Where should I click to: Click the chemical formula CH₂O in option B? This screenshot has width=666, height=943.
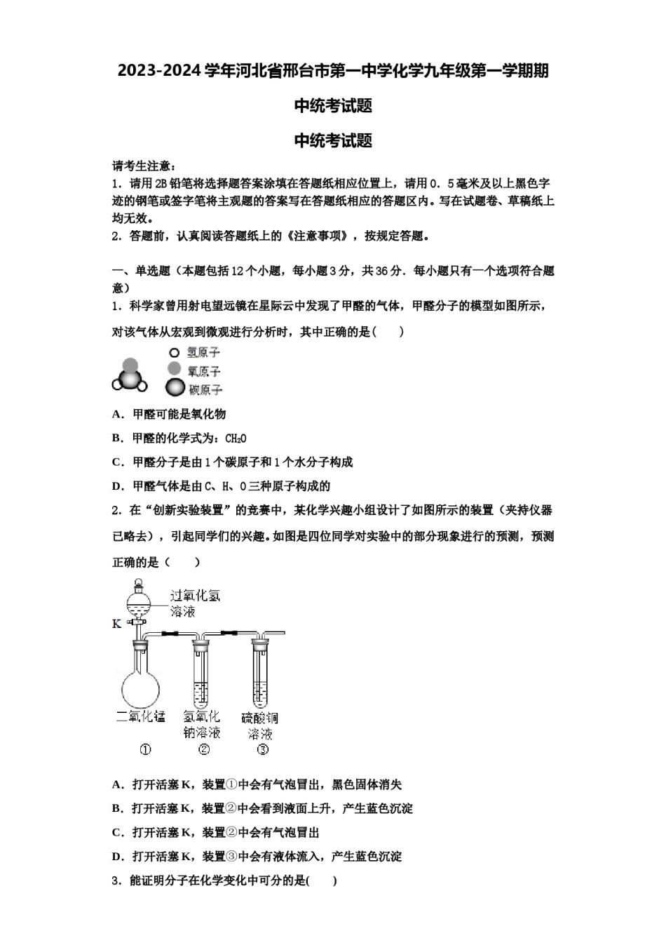[x=236, y=439]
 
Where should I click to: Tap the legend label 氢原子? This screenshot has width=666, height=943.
[x=203, y=352]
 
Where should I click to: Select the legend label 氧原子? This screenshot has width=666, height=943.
[x=203, y=370]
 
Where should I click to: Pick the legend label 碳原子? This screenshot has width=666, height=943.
[x=205, y=389]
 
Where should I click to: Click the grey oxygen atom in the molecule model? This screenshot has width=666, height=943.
[x=130, y=366]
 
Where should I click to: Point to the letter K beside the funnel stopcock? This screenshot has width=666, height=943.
[x=116, y=624]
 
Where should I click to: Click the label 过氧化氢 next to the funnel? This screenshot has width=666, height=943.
[x=195, y=596]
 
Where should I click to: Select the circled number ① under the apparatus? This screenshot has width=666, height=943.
[x=145, y=749]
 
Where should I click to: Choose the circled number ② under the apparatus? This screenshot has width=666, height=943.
[x=203, y=749]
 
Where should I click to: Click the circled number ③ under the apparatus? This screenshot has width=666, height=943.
[x=262, y=749]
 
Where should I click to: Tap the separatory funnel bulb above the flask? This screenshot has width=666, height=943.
[x=139, y=601]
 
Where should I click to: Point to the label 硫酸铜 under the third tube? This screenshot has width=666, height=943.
[x=259, y=718]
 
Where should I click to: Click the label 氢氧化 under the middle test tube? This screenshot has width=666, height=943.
[x=202, y=716]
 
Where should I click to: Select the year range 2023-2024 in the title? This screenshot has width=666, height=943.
[x=159, y=71]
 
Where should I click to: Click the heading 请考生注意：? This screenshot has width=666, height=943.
[x=143, y=166]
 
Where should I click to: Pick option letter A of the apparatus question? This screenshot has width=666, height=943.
[x=116, y=784]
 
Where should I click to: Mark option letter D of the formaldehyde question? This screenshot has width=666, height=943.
[x=116, y=486]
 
